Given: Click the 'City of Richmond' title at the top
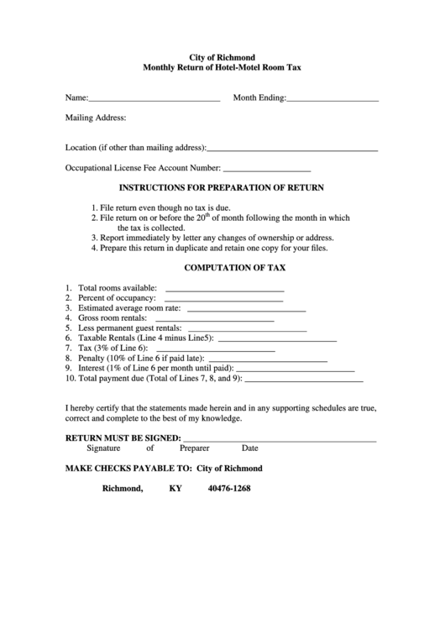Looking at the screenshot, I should tap(222, 56).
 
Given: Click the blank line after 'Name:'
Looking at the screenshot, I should tap(154, 100).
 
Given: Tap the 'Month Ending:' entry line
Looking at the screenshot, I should tap(332, 100).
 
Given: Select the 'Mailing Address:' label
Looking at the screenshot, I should tap(96, 118).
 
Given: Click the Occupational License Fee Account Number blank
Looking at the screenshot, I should tap(267, 170).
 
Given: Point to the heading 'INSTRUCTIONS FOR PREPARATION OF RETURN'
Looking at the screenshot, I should tap(222, 188).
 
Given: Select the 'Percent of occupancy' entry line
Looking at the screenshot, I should tap(223, 301).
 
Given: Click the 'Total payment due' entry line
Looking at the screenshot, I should tap(304, 380).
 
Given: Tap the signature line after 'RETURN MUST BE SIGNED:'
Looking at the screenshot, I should tap(280, 440).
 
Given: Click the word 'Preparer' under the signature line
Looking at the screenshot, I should tap(194, 448).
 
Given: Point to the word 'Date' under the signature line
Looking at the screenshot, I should tap(250, 448).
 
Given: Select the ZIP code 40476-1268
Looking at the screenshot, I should tap(229, 489).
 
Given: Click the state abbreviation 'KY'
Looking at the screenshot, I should tap(175, 489).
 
